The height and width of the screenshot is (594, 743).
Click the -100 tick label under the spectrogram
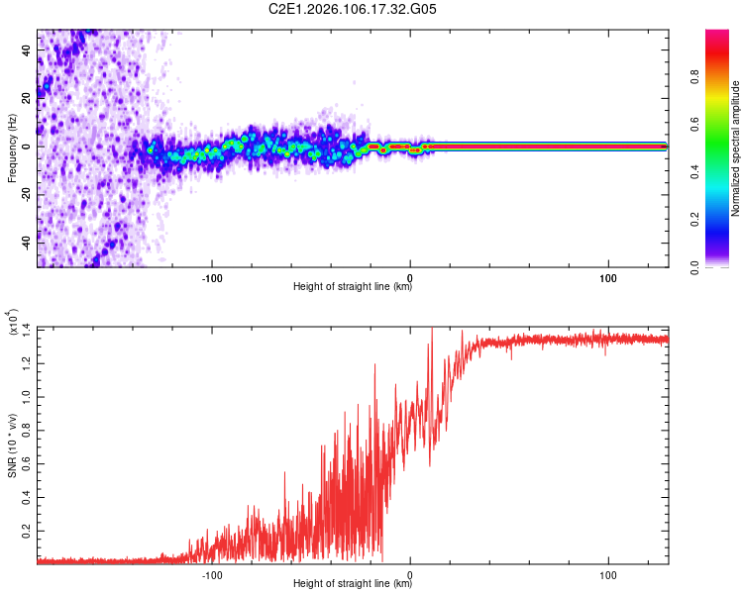211,276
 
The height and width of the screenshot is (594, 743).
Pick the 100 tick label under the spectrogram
608,276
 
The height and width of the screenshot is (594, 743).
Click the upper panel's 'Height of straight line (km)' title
353,288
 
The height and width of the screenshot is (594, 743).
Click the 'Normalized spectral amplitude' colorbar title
735,148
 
